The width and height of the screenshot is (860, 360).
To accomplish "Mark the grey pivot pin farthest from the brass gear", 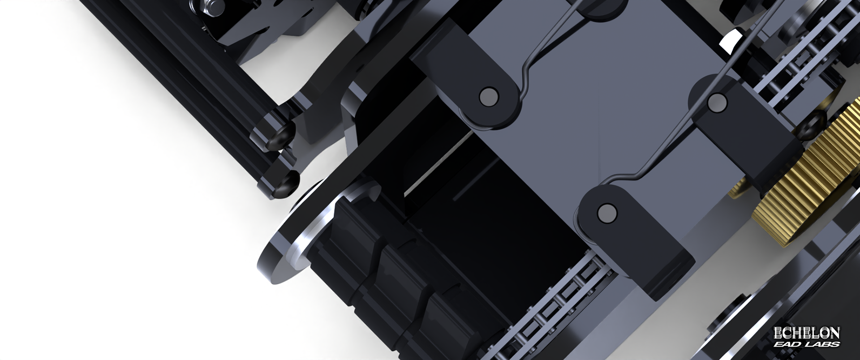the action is point(488,96).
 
